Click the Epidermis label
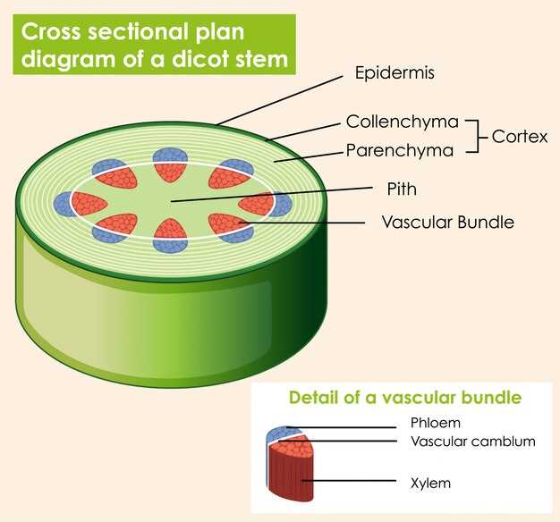[x=394, y=73]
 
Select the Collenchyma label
[x=402, y=122]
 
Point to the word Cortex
[x=520, y=137]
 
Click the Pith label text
[x=402, y=189]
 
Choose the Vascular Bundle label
[x=447, y=222]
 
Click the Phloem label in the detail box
[x=436, y=423]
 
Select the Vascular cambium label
[x=472, y=442]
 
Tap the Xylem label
[x=430, y=483]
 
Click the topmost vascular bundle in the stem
[x=170, y=164]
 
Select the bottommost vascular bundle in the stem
[x=170, y=234]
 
